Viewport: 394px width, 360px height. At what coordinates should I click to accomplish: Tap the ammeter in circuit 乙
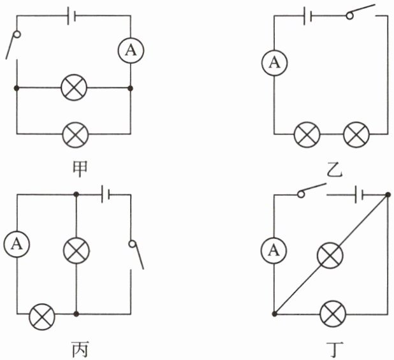point(274,62)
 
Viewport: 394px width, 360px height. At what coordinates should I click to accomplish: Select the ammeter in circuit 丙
point(16,243)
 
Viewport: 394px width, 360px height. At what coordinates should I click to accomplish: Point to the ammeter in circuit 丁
point(274,250)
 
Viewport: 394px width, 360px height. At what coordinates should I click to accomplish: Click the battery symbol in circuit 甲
point(71,14)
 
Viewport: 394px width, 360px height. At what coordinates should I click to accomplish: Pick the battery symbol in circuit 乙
point(308,14)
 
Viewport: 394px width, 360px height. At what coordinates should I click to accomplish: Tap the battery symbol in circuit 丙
point(108,193)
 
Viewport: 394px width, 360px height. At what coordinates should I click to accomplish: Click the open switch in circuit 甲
point(13,44)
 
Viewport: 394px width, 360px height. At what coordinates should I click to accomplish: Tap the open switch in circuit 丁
point(310,191)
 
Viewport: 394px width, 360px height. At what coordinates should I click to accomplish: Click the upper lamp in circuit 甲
point(74,87)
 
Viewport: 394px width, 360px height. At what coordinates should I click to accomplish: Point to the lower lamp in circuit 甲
point(74,133)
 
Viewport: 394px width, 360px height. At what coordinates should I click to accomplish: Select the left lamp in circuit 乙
point(307,134)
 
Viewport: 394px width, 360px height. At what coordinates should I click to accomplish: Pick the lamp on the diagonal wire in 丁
point(330,256)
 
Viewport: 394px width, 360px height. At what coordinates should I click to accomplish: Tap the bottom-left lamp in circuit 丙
point(43,315)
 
